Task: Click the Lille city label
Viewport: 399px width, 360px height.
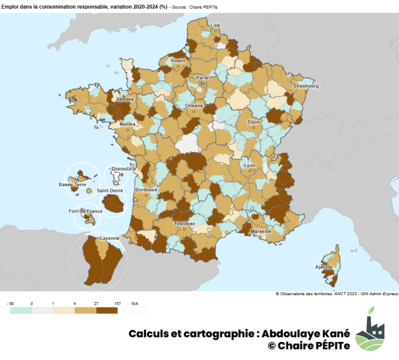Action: point(216,26)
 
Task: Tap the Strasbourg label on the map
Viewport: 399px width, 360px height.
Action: point(306,86)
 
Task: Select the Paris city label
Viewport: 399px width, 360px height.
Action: point(201,78)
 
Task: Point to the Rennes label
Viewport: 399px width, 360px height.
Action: point(125,99)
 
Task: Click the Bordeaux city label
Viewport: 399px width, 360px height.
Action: point(146,189)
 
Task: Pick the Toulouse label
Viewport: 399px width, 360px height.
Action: point(185,223)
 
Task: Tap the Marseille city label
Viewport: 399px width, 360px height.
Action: point(260,231)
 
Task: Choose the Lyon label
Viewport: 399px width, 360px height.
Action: point(249,166)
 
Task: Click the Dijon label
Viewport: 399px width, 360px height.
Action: point(253,123)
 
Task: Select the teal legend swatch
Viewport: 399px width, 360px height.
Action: point(21,310)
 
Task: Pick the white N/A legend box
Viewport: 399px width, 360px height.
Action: point(135,310)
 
